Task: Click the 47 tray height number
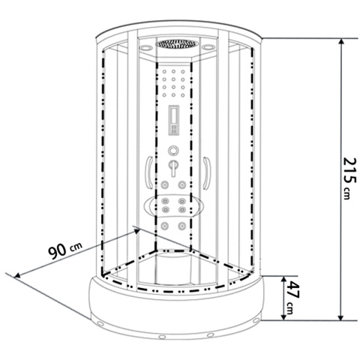pyautogui.click(x=292, y=289)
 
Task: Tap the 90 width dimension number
pyautogui.click(x=58, y=252)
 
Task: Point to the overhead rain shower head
pyautogui.click(x=177, y=43)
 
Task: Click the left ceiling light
pyautogui.click(x=146, y=47)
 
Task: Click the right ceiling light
pyautogui.click(x=208, y=47)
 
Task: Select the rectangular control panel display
pyautogui.click(x=174, y=120)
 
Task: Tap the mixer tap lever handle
pyautogui.click(x=173, y=168)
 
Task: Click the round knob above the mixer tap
pyautogui.click(x=173, y=151)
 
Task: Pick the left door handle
pyautogui.click(x=148, y=172)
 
